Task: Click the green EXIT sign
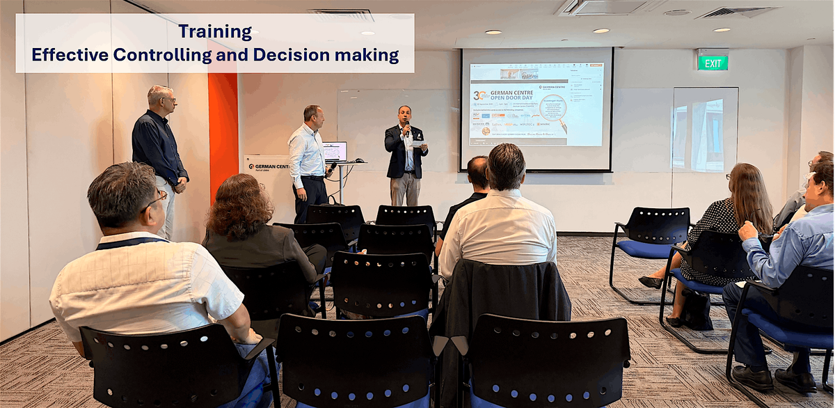click(x=713, y=63)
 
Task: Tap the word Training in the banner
click(x=215, y=31)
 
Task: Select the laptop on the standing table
click(x=335, y=152)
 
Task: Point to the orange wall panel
click(x=223, y=132)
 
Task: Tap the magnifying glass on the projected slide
click(x=553, y=109)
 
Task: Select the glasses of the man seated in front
click(x=157, y=200)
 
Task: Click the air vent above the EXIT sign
click(x=736, y=13)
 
